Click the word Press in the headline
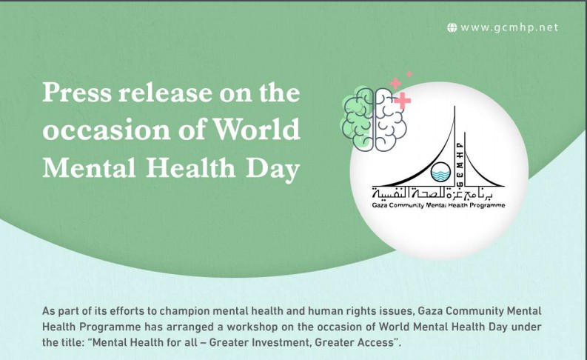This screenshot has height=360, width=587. click(77, 92)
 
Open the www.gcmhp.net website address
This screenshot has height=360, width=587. click(509, 27)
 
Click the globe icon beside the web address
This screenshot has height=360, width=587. click(452, 27)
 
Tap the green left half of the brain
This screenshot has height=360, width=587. click(358, 120)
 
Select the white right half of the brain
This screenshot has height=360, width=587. click(390, 120)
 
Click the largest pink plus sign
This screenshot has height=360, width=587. click(403, 101)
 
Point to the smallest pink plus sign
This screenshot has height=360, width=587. click(409, 74)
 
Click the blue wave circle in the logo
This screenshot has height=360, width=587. click(440, 172)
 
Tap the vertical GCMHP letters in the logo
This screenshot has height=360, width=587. click(460, 164)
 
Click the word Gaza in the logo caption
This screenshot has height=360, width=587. click(380, 205)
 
